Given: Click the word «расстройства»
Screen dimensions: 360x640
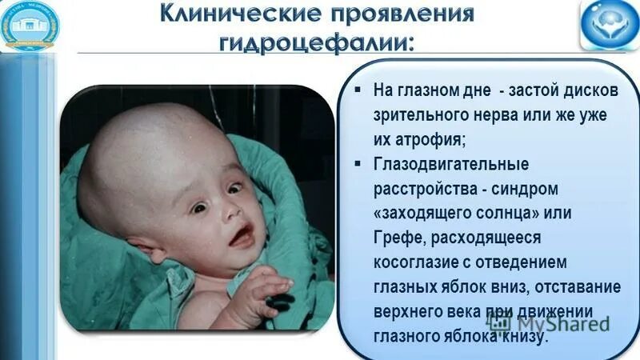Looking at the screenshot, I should [419, 190].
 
